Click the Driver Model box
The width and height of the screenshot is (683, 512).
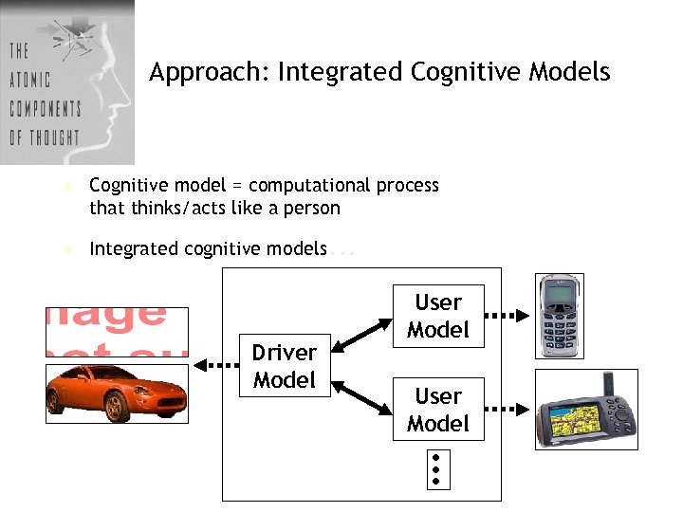[285, 366]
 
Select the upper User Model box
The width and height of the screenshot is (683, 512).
[437, 316]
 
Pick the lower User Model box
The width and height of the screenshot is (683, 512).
[437, 410]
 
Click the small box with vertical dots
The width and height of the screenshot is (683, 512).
[435, 468]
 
